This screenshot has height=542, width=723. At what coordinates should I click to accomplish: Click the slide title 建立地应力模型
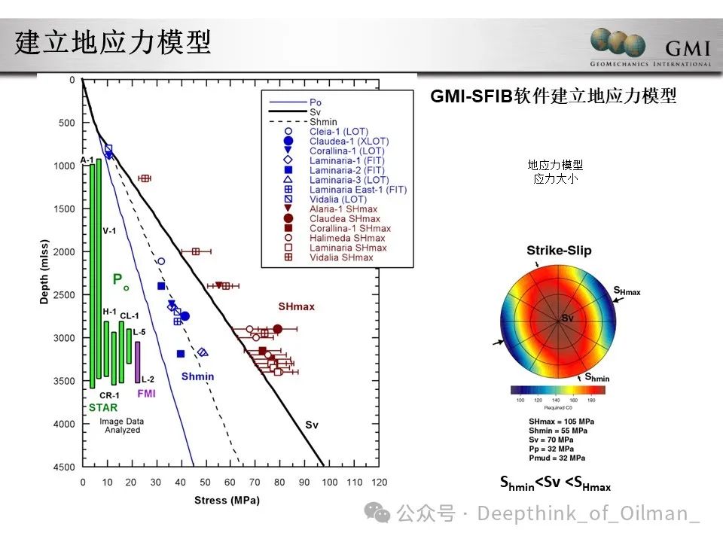113,42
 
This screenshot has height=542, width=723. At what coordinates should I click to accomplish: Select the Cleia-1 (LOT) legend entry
337,131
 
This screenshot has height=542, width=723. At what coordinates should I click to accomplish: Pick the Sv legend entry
315,111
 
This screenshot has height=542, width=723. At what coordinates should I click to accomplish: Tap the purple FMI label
145,393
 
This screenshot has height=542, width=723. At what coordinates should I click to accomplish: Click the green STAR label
102,408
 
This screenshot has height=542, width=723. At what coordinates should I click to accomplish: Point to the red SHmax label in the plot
296,307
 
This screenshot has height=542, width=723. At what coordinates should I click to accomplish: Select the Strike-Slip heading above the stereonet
559,251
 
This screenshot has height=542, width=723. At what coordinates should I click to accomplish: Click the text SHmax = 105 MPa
560,422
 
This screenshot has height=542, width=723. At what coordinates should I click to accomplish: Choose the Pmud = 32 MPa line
557,458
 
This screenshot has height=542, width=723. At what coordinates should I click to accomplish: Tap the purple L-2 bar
137,362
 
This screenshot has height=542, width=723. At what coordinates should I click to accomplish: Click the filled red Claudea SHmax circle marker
277,329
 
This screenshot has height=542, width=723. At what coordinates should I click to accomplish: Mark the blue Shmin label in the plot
197,376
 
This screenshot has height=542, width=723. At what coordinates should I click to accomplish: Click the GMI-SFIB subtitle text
553,96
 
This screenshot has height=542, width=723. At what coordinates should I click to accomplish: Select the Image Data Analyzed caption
121,426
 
